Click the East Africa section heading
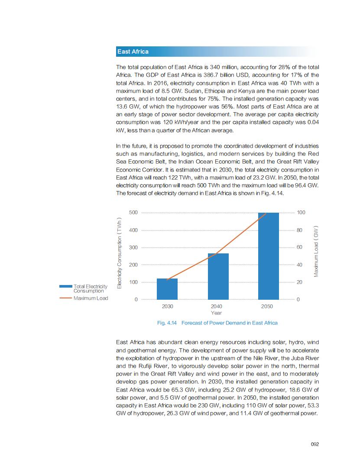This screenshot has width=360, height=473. (x=133, y=52)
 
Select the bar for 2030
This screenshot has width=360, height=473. (x=167, y=289)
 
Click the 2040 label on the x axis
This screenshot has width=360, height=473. (x=216, y=306)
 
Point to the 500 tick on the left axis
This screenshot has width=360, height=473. (x=133, y=213)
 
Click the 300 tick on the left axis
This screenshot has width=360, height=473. (x=133, y=247)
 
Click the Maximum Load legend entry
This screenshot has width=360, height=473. (x=91, y=298)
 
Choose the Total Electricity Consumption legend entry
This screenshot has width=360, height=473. (x=90, y=288)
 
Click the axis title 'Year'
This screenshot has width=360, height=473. (x=216, y=312)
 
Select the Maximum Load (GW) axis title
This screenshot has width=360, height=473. (x=316, y=251)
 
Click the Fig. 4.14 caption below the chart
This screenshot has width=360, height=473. (x=217, y=323)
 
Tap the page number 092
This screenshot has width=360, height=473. (x=315, y=444)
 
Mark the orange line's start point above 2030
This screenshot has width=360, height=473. (x=167, y=279)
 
